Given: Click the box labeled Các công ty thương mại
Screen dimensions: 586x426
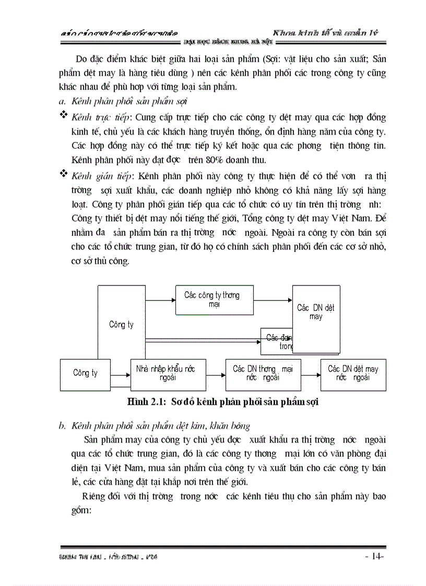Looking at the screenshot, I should point(212,300).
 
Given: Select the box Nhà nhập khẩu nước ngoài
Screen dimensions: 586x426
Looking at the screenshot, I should point(165,374).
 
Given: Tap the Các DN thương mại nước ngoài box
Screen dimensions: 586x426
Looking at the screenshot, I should point(263,374).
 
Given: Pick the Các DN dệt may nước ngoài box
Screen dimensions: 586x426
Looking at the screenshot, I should point(353,374).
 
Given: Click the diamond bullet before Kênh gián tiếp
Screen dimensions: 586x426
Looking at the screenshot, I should point(64,173).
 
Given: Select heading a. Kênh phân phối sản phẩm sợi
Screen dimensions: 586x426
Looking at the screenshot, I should point(123,100).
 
